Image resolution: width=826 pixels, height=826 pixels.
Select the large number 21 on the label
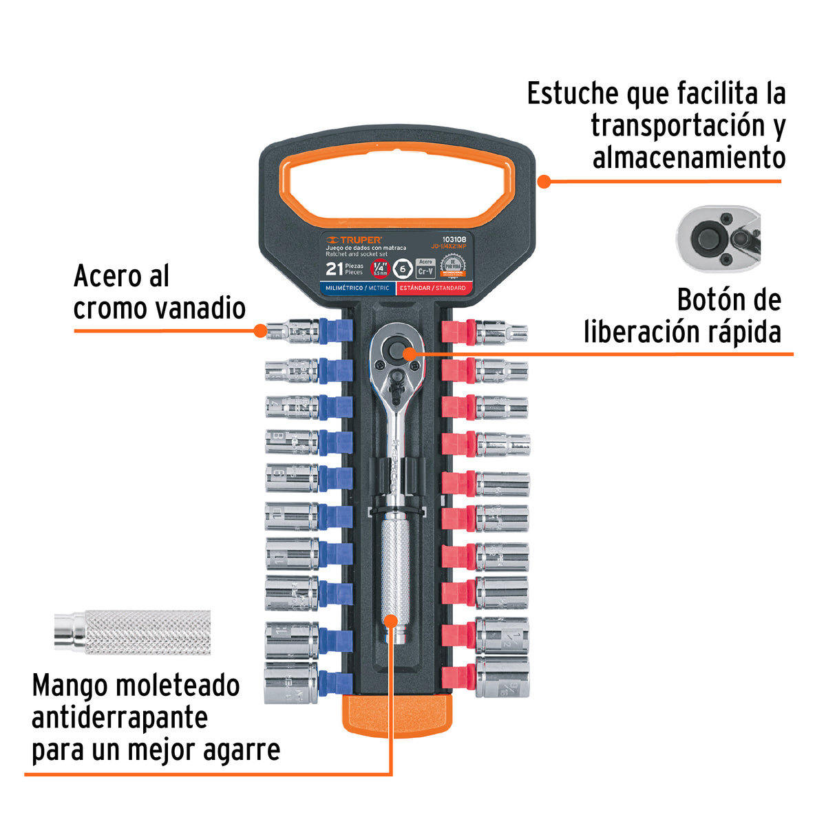[335, 268]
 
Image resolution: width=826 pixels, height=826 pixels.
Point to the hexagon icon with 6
[403, 268]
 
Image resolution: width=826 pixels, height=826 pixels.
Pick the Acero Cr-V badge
[425, 268]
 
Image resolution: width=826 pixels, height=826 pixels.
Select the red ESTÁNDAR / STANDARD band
[435, 288]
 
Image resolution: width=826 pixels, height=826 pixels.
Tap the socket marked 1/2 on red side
[502, 635]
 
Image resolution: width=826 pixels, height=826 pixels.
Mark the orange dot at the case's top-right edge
[543, 182]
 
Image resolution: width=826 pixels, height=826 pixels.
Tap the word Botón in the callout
[709, 300]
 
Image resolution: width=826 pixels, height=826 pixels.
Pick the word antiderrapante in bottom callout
[120, 718]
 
